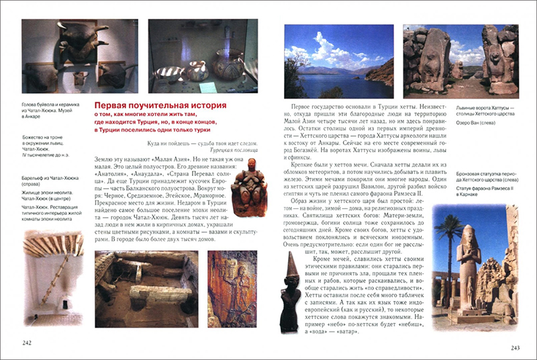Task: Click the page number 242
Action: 28,343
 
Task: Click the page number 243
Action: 516,347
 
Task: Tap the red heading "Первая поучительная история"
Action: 160,106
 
